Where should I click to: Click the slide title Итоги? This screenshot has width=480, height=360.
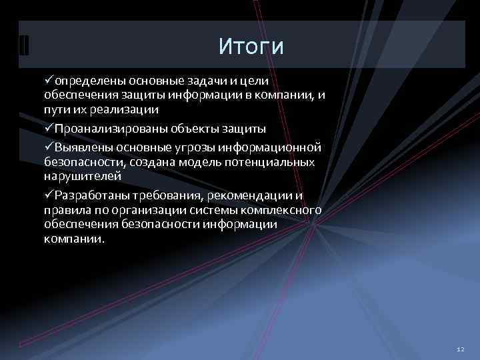click(251, 47)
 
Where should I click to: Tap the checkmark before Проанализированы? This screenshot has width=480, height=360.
click(49, 127)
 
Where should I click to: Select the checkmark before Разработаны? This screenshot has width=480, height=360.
click(49, 195)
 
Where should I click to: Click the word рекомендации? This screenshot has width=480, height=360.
click(252, 195)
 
